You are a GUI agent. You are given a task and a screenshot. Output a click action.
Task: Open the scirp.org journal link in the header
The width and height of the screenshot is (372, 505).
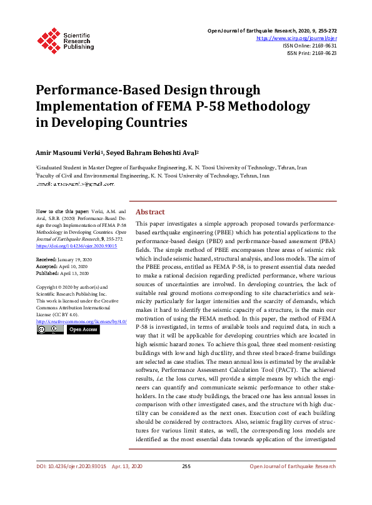pyautogui.click(x=297, y=38)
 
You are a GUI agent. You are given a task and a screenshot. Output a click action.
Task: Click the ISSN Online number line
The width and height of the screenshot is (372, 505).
pyautogui.click(x=309, y=46)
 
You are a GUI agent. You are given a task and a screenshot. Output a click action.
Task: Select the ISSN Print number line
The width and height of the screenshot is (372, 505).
pyautogui.click(x=312, y=53)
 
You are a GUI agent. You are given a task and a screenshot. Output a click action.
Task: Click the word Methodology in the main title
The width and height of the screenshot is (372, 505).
pyautogui.click(x=258, y=106)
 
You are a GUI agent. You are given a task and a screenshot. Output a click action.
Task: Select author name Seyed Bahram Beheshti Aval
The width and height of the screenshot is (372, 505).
pyautogui.click(x=153, y=154)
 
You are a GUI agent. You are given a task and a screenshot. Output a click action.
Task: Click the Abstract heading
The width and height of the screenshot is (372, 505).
pyautogui.click(x=150, y=212)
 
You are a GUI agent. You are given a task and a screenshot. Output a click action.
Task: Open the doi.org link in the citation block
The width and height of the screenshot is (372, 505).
pyautogui.click(x=77, y=246)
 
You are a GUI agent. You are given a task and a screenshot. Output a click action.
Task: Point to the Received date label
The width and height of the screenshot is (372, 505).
pyautogui.click(x=46, y=258)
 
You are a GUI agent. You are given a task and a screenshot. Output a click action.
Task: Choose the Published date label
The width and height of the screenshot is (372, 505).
pyautogui.click(x=46, y=273)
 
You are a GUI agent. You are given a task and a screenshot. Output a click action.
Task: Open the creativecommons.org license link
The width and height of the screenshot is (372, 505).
pyautogui.click(x=81, y=321)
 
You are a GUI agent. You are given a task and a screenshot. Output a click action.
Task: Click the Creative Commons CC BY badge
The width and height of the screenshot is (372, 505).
pyautogui.click(x=50, y=329)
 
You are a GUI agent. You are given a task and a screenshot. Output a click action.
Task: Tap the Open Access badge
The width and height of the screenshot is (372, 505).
pyautogui.click(x=83, y=329)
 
